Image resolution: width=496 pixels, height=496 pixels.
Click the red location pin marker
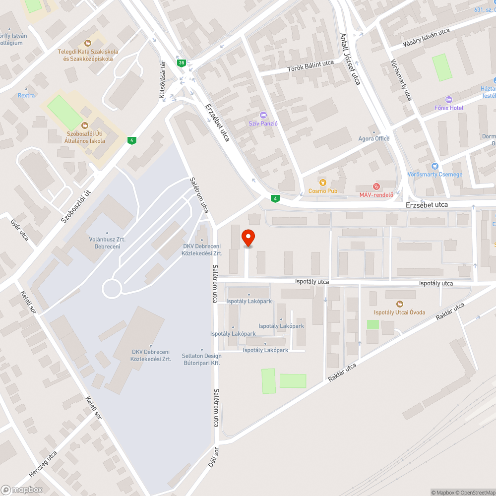248,239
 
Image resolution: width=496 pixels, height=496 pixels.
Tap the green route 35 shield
182,62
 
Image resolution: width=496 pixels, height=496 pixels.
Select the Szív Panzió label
263,123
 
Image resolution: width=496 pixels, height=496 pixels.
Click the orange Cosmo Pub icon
323,183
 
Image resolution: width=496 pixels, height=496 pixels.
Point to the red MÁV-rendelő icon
376,186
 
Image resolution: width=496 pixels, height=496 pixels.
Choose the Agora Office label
374,138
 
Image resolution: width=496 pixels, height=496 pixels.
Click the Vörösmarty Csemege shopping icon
435,167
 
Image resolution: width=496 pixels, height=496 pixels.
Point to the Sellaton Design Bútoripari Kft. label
201,359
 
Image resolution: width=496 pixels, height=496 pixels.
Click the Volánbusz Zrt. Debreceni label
107,243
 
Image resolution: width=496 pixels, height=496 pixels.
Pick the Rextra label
26,95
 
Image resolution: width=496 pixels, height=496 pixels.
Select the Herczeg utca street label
43,463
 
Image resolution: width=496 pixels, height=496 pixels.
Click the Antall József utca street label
350,59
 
